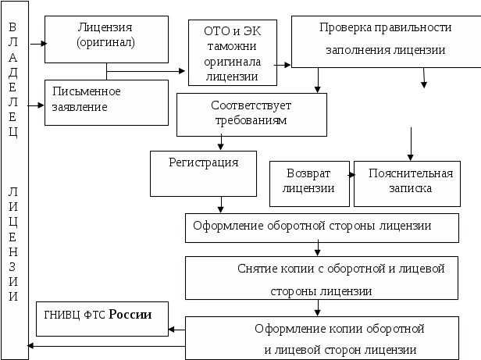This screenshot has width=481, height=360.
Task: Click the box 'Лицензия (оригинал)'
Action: pos(106,38)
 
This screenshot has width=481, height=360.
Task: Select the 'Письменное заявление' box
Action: pos(106,102)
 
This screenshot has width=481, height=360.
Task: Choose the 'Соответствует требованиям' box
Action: pos(250,114)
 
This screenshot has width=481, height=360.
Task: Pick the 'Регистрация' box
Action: pos(203,173)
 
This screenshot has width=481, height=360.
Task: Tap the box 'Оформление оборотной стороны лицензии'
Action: pos(321,227)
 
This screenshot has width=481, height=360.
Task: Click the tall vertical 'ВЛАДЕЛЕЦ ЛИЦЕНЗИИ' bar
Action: pos(13,180)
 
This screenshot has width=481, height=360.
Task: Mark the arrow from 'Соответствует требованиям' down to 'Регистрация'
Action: pos(223,143)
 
